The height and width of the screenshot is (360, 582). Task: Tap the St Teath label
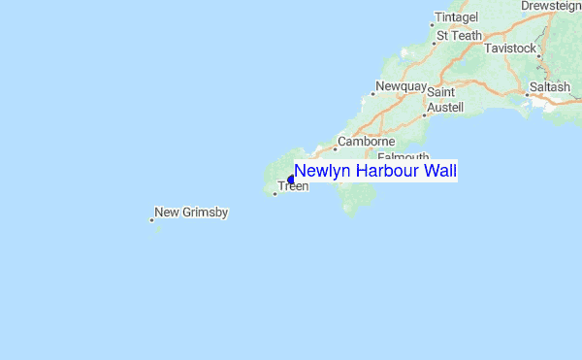[459, 36]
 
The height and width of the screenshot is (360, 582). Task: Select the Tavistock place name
[509, 48]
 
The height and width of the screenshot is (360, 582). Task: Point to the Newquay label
[401, 86]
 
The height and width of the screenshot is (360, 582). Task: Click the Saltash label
[550, 87]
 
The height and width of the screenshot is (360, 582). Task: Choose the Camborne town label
[366, 141]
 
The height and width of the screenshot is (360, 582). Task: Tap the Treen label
[293, 186]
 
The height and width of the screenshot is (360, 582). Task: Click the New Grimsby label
[191, 212]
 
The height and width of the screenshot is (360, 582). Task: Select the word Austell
[445, 107]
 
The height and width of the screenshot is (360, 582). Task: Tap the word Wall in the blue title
[438, 171]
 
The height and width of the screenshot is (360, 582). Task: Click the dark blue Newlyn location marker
[291, 179]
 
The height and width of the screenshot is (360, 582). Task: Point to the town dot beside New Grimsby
[151, 220]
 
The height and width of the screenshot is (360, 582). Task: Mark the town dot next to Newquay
[373, 94]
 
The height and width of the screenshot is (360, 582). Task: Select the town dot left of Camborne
[335, 148]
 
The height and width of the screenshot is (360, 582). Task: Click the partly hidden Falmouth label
[402, 156]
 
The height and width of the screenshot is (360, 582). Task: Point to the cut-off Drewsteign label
[550, 6]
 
